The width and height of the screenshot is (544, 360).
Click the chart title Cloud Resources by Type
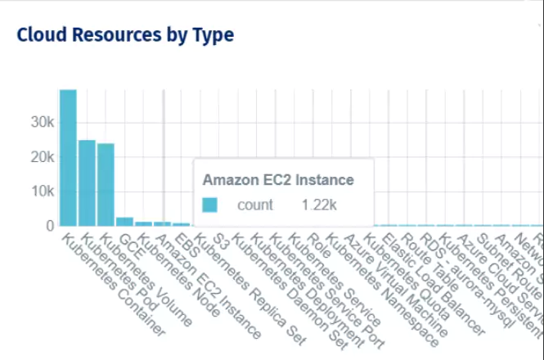point(125,34)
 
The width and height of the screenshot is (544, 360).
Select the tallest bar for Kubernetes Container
point(68,157)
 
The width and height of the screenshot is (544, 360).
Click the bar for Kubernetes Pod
point(87,182)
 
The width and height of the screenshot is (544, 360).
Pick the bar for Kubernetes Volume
point(106,184)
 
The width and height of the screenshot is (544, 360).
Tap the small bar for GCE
point(124,221)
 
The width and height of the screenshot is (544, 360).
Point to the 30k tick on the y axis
point(41,122)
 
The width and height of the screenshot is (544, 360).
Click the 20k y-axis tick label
point(41,156)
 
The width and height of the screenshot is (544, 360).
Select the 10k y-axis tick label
point(41,191)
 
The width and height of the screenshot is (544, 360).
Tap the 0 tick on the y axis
point(50,225)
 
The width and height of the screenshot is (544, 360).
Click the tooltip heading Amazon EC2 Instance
point(278,179)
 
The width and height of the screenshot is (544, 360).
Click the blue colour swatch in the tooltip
point(211,205)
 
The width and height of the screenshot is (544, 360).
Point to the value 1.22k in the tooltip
point(319,205)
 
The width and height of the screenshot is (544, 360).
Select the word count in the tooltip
point(255,205)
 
